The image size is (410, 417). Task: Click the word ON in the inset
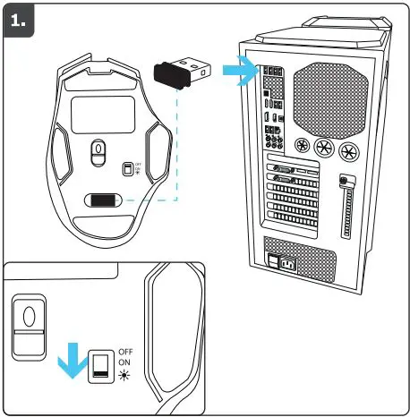coord(125,364)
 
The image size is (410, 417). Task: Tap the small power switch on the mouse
coord(127,168)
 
